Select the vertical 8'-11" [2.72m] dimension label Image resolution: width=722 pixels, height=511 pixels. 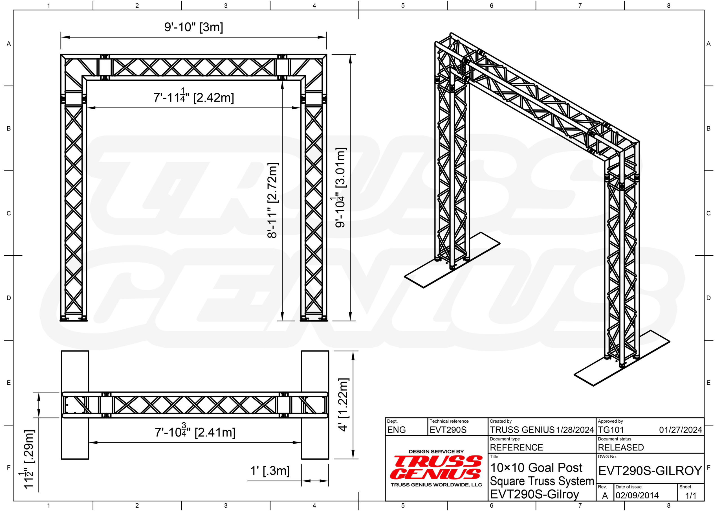(x=272, y=200)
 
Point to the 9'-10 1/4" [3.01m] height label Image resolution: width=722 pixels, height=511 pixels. (x=340, y=187)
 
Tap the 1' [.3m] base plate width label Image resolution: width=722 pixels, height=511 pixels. (x=270, y=471)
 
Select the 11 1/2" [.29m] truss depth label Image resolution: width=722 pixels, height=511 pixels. (x=28, y=459)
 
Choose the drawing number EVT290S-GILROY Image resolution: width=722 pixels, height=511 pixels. (x=650, y=471)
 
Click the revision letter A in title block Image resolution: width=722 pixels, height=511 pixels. (x=605, y=495)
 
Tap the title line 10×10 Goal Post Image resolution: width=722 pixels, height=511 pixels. (x=536, y=468)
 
